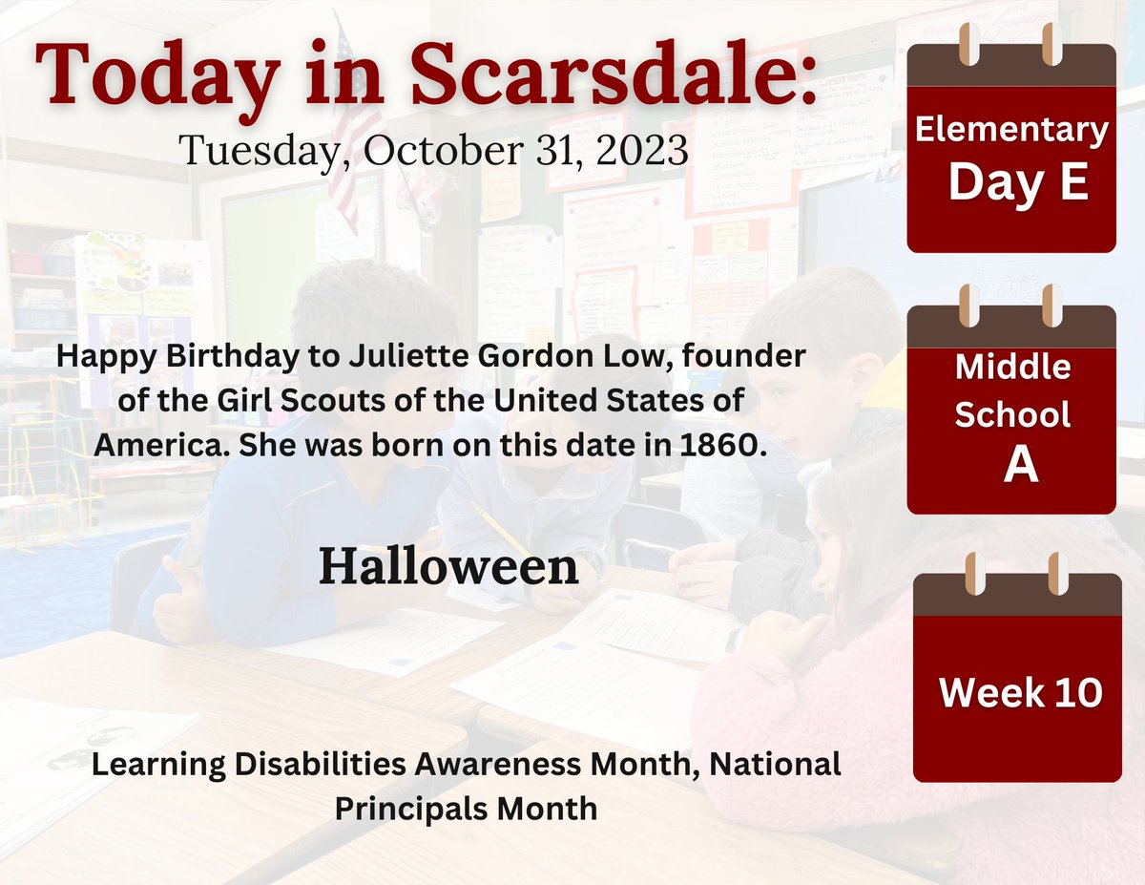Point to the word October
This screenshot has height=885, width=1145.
[x=426, y=150]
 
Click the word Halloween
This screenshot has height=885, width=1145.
[x=448, y=567]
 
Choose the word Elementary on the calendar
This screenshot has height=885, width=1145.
[x=1011, y=131]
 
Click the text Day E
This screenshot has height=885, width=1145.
[x=1018, y=182]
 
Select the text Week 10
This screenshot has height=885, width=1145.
[x=1020, y=692]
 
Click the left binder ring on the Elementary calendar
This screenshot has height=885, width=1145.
[x=965, y=45]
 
